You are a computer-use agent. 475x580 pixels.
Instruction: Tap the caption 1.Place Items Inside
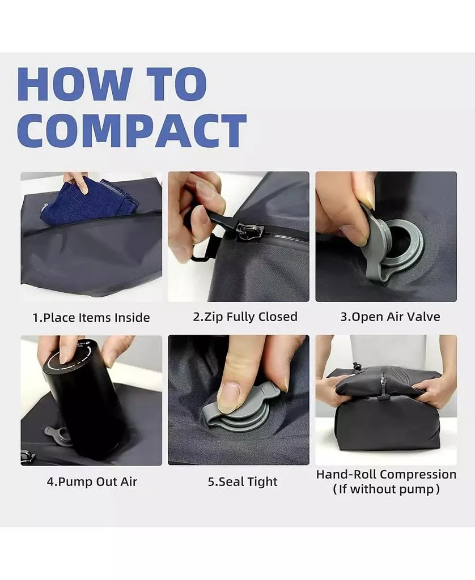pos(91,318)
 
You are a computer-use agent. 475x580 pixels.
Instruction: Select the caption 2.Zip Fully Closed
pos(245,317)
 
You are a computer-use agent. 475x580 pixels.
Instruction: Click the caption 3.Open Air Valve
pos(390,317)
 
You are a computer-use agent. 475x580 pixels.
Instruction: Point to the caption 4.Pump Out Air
pos(92,482)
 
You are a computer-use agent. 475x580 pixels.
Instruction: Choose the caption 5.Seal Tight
pos(243,482)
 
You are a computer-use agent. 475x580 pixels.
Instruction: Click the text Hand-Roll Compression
pos(386,474)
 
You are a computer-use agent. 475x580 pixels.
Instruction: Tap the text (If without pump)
pos(386,489)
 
